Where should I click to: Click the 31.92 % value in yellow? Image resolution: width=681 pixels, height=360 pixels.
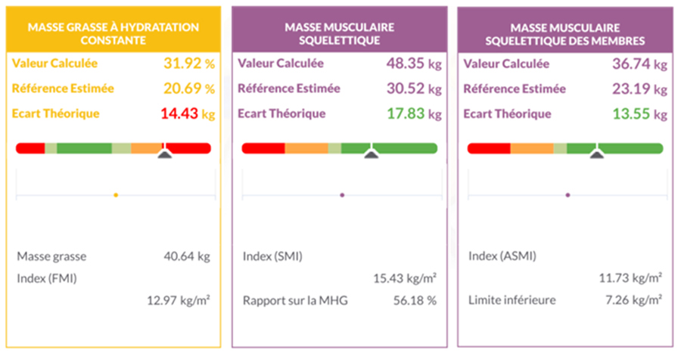point(188,64)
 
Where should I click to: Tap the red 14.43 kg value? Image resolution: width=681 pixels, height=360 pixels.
point(188,115)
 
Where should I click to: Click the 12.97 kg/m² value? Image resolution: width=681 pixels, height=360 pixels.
point(179,300)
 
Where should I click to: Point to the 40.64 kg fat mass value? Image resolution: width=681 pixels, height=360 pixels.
point(186,256)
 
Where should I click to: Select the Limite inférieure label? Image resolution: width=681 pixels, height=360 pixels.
point(512,300)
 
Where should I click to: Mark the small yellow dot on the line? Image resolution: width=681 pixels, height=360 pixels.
point(116,195)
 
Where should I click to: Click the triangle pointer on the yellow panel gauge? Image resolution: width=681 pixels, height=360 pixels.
point(164,154)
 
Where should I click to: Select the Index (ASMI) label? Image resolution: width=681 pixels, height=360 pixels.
point(502,256)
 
